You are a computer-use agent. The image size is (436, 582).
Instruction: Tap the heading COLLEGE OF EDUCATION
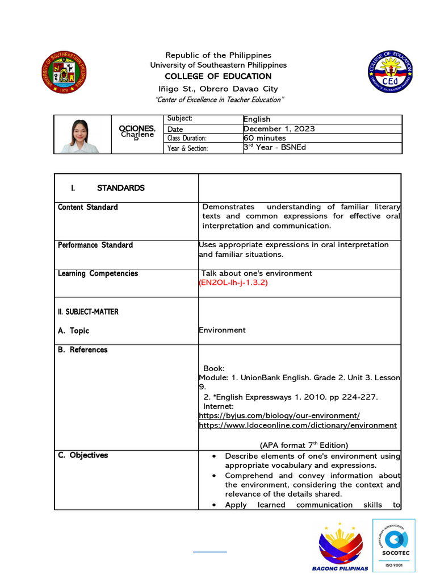point(218,76)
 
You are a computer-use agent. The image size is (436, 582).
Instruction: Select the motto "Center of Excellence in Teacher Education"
point(219,100)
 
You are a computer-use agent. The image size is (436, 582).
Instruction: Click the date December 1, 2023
point(279,128)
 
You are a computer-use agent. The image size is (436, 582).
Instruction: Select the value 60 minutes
point(265,138)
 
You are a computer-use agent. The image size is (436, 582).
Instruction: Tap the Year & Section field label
point(188,148)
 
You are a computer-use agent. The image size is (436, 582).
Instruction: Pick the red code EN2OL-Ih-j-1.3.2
point(233,282)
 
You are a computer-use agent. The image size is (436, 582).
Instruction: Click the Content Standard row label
point(88,207)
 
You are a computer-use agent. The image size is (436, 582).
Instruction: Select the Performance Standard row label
point(95,245)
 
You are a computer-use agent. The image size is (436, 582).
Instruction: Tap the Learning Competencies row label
point(98,273)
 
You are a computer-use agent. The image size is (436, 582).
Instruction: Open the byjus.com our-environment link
point(279,416)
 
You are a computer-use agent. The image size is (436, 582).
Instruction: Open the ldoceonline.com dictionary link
point(297,425)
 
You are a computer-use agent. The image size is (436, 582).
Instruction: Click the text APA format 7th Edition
point(304,445)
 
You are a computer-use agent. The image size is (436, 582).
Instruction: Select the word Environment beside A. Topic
point(222,330)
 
